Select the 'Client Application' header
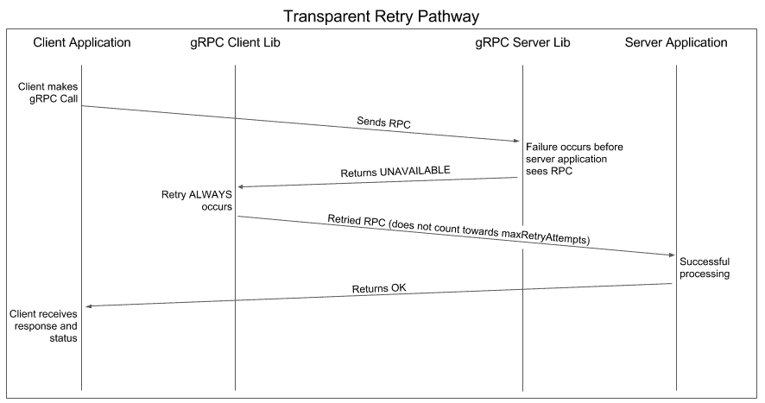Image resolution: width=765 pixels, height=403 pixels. (82, 42)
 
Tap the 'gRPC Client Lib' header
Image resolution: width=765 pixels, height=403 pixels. (235, 42)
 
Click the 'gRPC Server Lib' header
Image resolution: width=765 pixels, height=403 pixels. (522, 42)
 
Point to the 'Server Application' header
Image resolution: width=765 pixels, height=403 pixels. (676, 42)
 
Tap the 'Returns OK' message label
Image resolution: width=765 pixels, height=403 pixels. (377, 287)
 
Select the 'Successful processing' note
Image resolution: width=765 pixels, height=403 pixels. (705, 268)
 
